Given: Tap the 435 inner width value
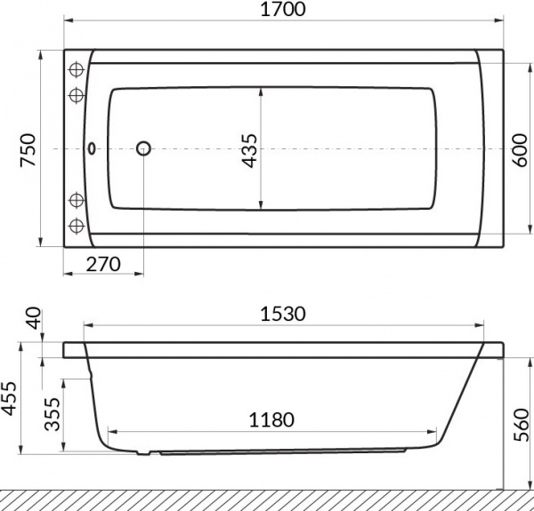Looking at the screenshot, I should coord(249,149).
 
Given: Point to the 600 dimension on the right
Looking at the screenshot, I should coord(521,148).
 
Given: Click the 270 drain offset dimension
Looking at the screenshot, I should coord(103,264).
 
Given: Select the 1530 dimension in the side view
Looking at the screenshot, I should coord(282,314).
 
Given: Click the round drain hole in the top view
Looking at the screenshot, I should coord(143,149).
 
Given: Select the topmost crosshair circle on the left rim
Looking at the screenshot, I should coord(76,69).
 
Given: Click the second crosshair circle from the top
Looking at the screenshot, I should coord(76,94).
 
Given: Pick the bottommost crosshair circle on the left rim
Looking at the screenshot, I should coord(76,223).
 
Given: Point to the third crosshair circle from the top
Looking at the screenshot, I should coord(76,198).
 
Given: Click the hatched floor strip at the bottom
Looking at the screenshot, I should coord(267,499).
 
